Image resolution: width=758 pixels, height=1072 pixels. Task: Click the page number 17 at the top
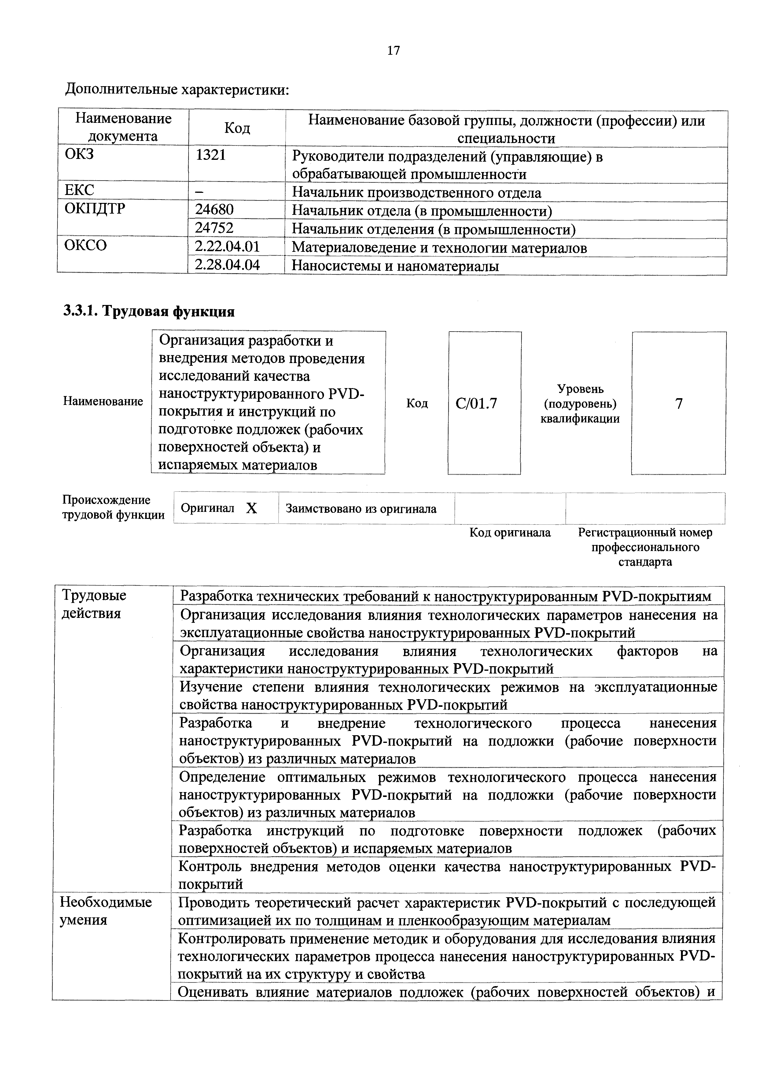coord(393,50)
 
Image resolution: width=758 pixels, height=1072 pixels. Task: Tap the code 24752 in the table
coord(214,228)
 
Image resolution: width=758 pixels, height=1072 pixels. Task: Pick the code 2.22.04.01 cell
coord(227,247)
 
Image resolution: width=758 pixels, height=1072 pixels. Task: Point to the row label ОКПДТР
coord(95,209)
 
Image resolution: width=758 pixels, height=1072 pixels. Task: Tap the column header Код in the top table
coord(237,128)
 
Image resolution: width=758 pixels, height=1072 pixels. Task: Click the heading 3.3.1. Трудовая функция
coord(149,311)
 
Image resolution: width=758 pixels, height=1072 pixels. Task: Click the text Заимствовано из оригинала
coord(361,508)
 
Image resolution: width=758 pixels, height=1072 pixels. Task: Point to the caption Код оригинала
coord(510,532)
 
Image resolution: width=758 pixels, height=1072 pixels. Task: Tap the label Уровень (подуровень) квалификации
coord(580,403)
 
